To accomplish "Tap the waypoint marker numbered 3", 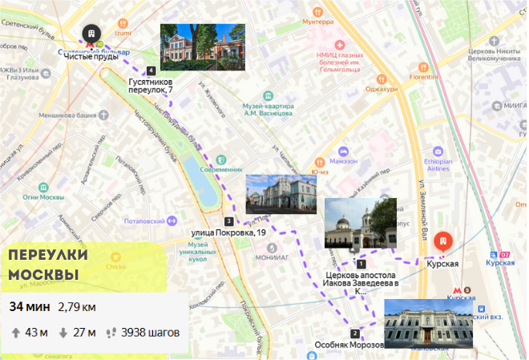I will pos(229,221).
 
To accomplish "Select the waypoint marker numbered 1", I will pos(361,263).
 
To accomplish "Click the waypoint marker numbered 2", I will pos(355,334).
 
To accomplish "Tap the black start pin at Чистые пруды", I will pos(92,34).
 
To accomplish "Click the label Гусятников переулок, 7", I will pos(150,86).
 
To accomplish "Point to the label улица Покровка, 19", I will pos(228,233).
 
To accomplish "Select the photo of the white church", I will pos(360,223).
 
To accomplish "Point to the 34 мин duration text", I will pos(29,306).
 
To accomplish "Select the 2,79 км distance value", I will pos(77,306).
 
